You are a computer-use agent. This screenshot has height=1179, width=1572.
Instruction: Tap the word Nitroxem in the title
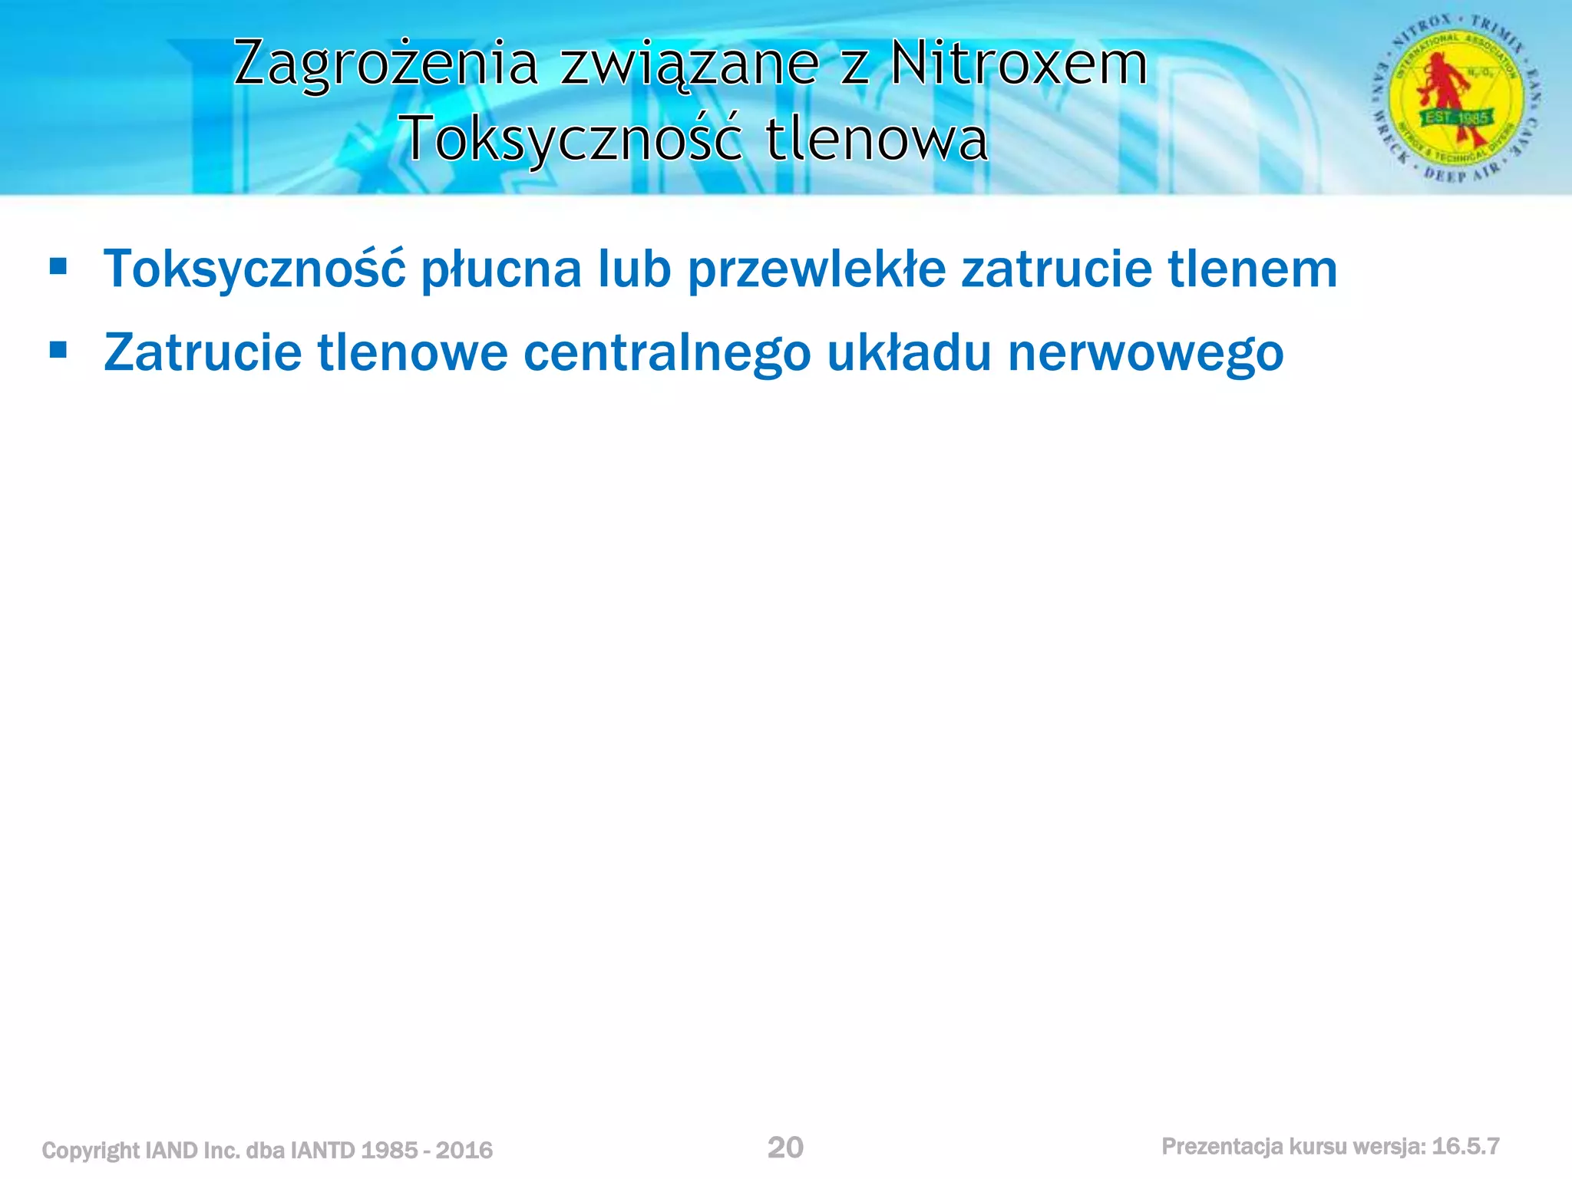1019,63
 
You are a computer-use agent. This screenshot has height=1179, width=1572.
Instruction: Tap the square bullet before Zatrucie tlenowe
58,351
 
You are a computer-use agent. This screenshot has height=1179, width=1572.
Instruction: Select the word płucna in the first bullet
502,270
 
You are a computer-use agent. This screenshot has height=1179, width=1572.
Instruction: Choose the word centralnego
667,353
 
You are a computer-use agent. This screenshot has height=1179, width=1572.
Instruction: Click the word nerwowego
1145,353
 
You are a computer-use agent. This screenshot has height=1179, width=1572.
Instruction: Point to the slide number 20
785,1148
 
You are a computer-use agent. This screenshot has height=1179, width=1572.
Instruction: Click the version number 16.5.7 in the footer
1465,1146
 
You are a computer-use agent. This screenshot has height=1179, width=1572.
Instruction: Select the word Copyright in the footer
91,1151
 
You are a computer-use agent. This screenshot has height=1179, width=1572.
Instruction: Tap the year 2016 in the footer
464,1150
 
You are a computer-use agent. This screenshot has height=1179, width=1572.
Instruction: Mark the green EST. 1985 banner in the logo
1458,118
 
